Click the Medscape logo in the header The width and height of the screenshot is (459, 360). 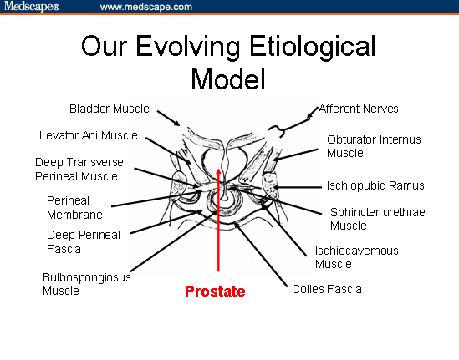tap(32, 6)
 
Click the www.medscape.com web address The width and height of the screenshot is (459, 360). tap(146, 7)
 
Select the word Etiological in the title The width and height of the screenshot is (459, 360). tap(313, 47)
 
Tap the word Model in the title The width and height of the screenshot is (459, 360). tap(228, 79)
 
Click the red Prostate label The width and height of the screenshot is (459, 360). tap(215, 292)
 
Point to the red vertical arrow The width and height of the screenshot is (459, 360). tap(218, 220)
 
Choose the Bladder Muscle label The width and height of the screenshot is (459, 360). tap(110, 109)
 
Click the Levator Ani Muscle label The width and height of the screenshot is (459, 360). tap(89, 135)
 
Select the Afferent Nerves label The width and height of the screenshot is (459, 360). tap(359, 109)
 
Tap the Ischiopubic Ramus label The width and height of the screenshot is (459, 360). tap(375, 185)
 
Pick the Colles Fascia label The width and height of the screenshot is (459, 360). tap(327, 289)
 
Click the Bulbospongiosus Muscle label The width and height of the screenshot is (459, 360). tap(87, 284)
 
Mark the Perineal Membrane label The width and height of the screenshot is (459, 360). tap(74, 208)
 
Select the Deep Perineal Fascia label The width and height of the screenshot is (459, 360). tap(84, 242)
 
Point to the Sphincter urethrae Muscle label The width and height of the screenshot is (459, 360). tap(378, 219)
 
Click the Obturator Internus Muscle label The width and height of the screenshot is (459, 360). tap(374, 146)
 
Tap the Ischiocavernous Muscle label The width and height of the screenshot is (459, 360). tap(356, 257)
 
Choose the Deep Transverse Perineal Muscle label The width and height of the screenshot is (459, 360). tap(79, 169)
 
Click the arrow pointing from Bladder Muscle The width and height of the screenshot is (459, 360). tap(168, 118)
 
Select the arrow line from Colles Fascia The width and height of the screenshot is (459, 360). tap(261, 255)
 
